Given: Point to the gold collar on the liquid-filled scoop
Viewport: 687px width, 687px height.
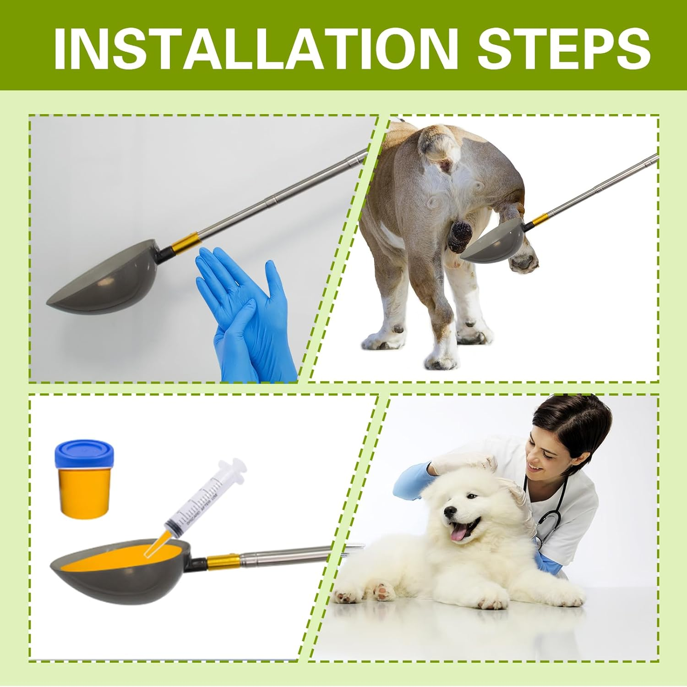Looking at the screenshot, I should tap(222, 561).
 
